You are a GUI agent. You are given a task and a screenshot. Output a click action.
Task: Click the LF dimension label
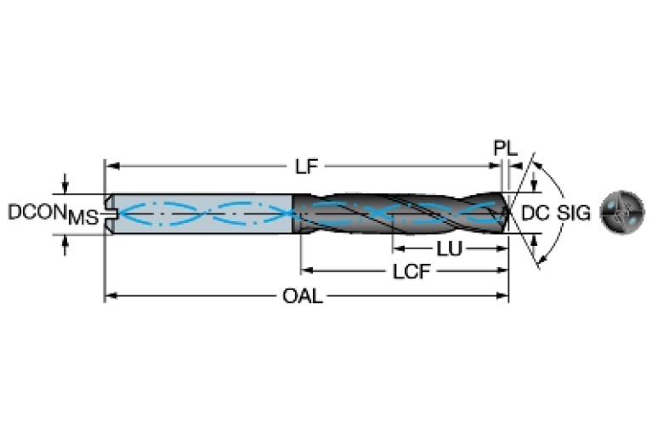point(307,167)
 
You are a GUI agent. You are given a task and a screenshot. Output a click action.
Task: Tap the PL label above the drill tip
point(505,148)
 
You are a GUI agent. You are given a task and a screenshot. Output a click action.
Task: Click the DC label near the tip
point(535,213)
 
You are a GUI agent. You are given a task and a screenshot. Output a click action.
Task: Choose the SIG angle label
point(574,213)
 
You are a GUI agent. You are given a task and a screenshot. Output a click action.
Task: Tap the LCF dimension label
point(410,273)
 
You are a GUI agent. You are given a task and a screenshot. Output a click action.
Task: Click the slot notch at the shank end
point(108,213)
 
